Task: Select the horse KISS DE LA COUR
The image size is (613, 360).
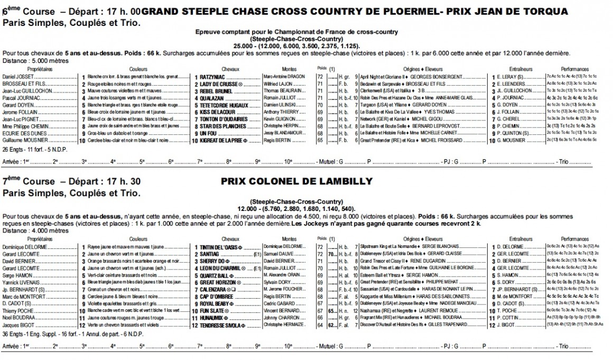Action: pos(217,113)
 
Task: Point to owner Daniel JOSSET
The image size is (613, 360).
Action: pos(18,77)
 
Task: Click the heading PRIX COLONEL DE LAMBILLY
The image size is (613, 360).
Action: pos(296,181)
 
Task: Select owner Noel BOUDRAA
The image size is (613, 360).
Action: pos(20,318)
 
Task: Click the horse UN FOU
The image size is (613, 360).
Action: pos(208,134)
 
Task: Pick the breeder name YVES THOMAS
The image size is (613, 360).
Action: pos(422,113)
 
